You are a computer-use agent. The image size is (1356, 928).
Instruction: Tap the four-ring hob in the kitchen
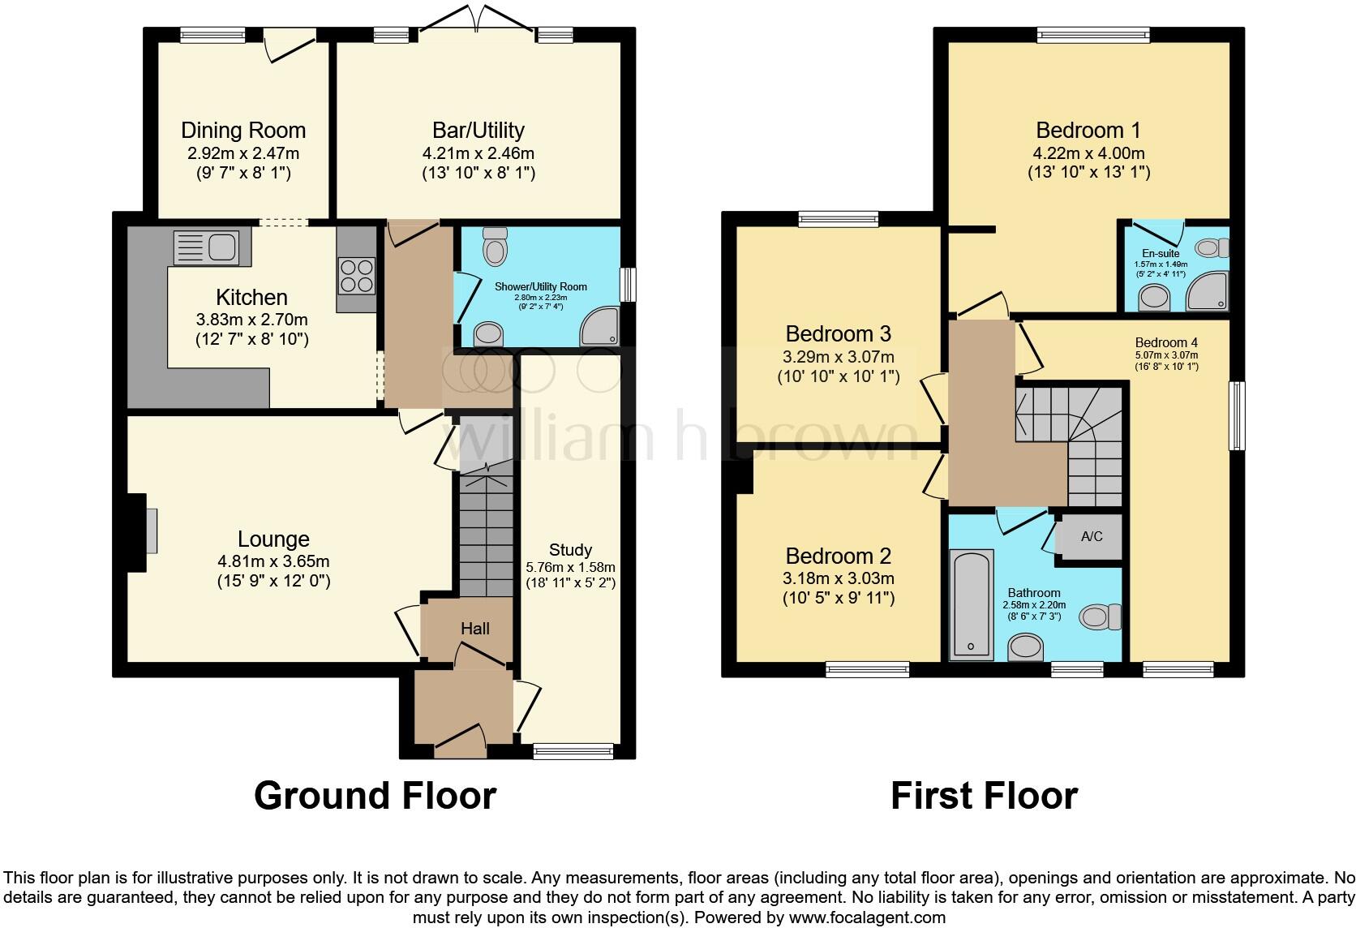[x=356, y=275]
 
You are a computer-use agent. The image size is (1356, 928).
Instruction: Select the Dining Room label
[x=243, y=131]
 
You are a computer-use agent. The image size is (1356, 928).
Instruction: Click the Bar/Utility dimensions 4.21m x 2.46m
[x=478, y=153]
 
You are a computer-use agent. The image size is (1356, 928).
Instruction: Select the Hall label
[x=475, y=629]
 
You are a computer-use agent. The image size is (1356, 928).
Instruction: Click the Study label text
[x=570, y=550]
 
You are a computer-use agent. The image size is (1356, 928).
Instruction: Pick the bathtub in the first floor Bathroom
[x=972, y=604]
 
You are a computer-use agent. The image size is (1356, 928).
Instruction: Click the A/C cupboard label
[x=1092, y=537]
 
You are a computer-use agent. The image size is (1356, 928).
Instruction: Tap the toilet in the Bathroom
[x=1100, y=617]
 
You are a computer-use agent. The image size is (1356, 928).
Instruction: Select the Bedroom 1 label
[x=1088, y=131]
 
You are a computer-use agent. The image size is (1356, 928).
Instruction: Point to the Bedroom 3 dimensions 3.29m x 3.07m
[x=838, y=357]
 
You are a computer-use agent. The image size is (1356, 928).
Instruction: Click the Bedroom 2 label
[x=838, y=556]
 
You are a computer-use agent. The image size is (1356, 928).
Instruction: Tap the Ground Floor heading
[x=375, y=796]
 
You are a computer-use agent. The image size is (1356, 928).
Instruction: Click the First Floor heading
[x=984, y=796]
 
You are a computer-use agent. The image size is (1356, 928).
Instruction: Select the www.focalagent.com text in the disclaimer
[x=867, y=918]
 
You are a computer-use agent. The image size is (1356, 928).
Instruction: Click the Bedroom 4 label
[x=1166, y=342]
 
